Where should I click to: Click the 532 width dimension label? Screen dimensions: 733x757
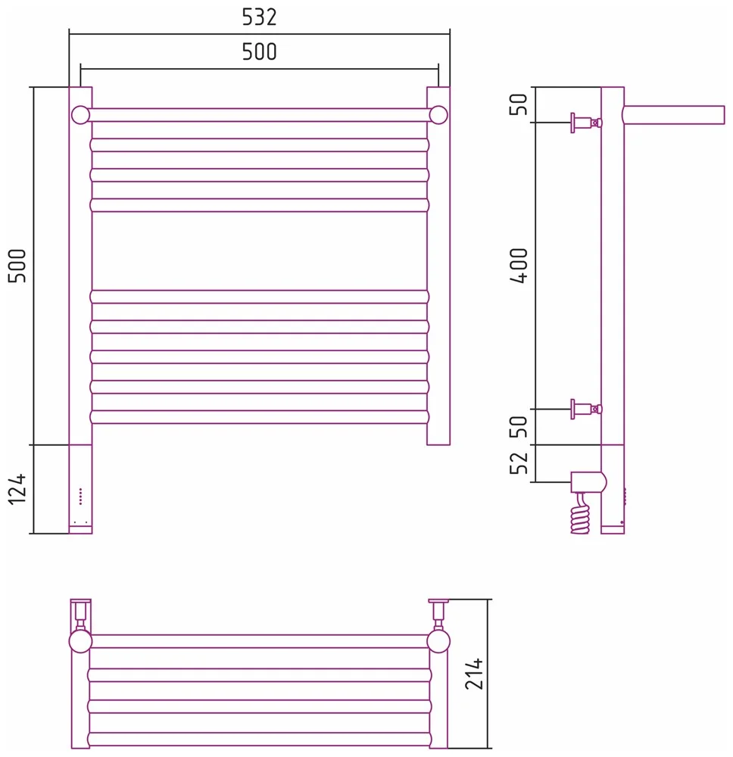(x=259, y=17)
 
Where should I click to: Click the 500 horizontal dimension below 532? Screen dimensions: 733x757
(x=259, y=52)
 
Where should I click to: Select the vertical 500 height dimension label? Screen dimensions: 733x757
(x=18, y=266)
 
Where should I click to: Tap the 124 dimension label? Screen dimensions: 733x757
(x=18, y=489)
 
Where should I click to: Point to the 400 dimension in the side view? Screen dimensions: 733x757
(x=519, y=266)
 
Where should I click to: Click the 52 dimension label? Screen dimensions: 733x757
(x=519, y=463)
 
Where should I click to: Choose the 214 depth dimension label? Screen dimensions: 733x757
(x=474, y=674)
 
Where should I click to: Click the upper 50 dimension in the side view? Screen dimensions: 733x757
(x=519, y=104)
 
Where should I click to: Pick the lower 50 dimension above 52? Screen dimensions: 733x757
(x=519, y=427)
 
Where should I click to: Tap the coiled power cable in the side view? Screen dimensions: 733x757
(x=580, y=513)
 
